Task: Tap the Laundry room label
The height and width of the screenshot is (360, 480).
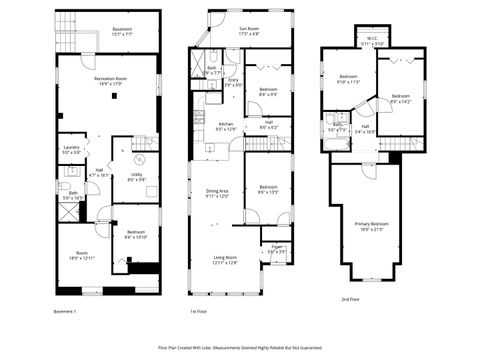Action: pos(70,150)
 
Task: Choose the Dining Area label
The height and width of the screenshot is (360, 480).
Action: pos(218,193)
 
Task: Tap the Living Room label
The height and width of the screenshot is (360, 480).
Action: pos(223,259)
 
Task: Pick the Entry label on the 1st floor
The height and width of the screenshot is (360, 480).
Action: pos(232,82)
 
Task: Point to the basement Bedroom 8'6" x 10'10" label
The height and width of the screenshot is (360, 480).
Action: pos(136,235)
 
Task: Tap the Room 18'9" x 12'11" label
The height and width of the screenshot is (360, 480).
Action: pos(81,256)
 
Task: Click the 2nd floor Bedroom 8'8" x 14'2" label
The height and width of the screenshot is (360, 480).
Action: pos(400,99)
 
